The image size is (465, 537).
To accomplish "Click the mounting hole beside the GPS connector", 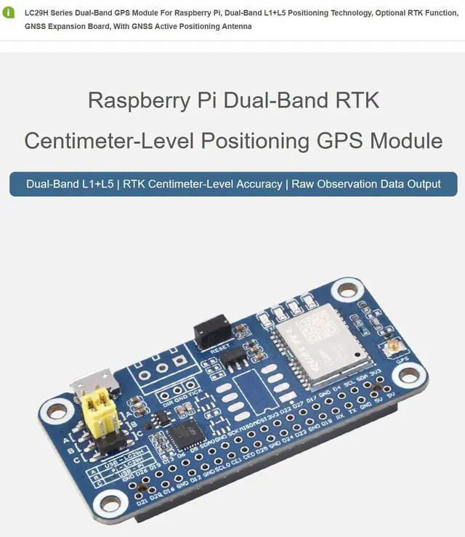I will tap(410, 375).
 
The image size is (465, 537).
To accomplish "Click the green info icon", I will tap(9, 13).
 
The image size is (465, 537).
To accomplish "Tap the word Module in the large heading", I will tap(406, 140).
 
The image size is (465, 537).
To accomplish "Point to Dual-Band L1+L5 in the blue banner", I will tap(70, 184).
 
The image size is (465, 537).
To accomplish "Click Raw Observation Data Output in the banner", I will tap(366, 184).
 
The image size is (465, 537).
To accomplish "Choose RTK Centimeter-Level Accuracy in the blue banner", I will tap(203, 184).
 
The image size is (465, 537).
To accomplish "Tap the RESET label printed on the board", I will tap(219, 350).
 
